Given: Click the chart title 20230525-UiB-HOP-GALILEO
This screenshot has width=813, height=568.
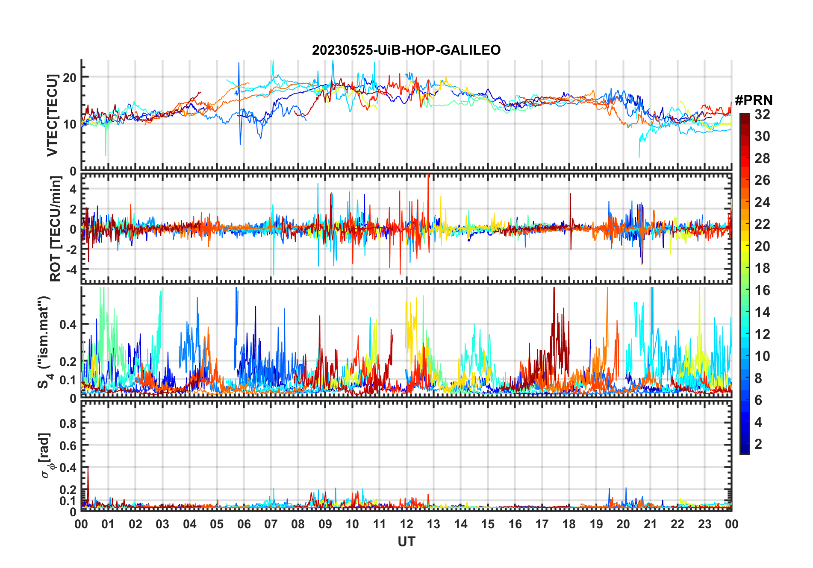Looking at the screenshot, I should click(406, 50).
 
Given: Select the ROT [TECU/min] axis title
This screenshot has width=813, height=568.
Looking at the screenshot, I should click(55, 229).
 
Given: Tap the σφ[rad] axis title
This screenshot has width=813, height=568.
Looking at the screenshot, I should click(46, 456).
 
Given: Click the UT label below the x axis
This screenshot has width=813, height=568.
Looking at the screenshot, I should click(406, 542).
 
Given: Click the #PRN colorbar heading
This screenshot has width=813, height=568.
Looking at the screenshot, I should click(754, 100).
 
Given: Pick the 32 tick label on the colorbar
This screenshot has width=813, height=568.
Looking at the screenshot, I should click(762, 114).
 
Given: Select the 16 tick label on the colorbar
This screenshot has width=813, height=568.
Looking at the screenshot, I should click(762, 290).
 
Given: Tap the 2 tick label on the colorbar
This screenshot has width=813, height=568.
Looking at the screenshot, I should click(758, 444).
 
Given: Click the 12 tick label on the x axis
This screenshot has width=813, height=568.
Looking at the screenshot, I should click(406, 524).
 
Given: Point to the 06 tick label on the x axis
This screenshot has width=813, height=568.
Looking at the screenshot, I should click(244, 524).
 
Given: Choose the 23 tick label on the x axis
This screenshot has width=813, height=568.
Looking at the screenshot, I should click(704, 524).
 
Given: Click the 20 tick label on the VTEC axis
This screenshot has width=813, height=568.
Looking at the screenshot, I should click(70, 77).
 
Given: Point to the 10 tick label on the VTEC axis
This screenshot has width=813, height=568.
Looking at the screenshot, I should click(70, 124).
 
